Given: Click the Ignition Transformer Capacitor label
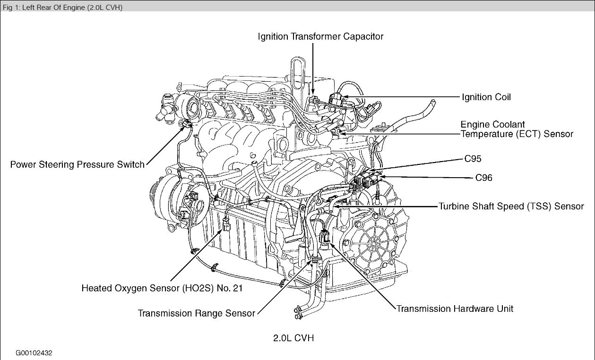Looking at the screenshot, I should (320, 36).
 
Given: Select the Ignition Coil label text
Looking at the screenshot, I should (486, 97).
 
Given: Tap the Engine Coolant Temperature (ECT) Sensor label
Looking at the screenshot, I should (517, 129).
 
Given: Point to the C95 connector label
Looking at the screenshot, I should (473, 159).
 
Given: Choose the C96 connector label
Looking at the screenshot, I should (484, 178).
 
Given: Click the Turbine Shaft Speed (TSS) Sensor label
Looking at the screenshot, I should (511, 206).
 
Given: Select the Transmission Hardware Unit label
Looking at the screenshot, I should (455, 309).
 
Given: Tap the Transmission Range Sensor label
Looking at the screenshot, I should (196, 313).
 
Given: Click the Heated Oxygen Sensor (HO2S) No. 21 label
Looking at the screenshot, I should (162, 288).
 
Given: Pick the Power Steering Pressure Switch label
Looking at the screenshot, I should (78, 164).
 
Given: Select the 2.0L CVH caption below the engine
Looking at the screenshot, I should (293, 338).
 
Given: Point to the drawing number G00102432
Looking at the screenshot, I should (34, 353).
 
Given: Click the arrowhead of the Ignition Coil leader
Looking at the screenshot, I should (344, 97).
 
